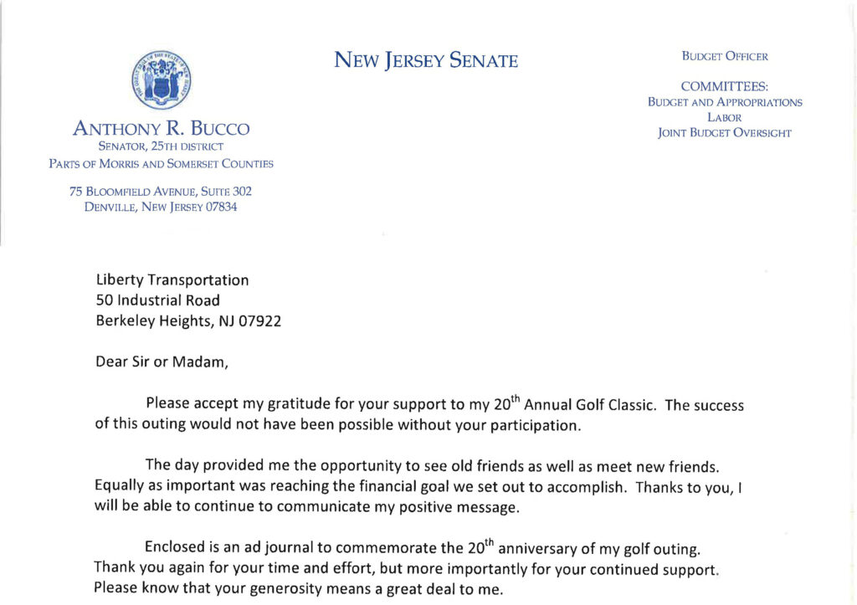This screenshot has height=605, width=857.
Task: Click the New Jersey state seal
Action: tap(162, 79)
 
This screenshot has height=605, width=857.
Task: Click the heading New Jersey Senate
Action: tap(426, 60)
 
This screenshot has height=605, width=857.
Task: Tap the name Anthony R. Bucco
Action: tap(162, 129)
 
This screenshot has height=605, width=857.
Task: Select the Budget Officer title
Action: tap(725, 57)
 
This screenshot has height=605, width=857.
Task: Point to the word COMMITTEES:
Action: tap(725, 86)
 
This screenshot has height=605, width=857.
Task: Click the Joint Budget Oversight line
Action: tap(725, 132)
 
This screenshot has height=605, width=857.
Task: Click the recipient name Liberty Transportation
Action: tap(172, 280)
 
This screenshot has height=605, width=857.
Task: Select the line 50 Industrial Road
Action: tap(158, 300)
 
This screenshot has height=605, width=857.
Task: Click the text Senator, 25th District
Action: tap(162, 146)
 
